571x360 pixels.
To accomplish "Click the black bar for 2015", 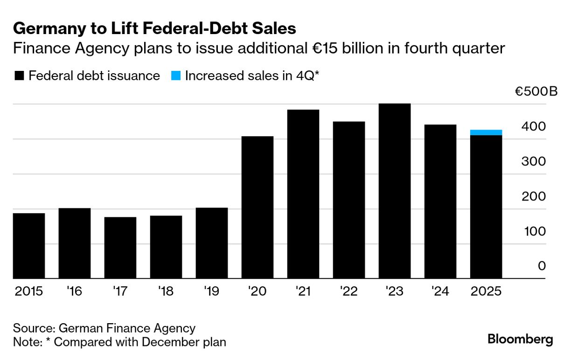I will pyautogui.click(x=29, y=246).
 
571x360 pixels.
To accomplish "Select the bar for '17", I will pyautogui.click(x=120, y=248).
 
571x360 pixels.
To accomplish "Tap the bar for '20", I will pyautogui.click(x=258, y=208).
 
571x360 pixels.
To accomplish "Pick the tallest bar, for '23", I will pyautogui.click(x=395, y=191).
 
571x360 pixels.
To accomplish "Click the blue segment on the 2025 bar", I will pyautogui.click(x=486, y=132).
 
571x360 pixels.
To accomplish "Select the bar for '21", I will pyautogui.click(x=303, y=194).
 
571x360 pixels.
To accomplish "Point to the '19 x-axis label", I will pyautogui.click(x=212, y=291).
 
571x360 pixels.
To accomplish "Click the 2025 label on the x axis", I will pyautogui.click(x=486, y=291).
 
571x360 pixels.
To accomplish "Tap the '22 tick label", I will pyautogui.click(x=349, y=291).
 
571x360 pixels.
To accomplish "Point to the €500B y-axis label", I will pyautogui.click(x=536, y=91).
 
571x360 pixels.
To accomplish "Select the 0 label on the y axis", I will pyautogui.click(x=541, y=266).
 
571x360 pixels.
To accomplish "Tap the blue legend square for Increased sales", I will pyautogui.click(x=175, y=76).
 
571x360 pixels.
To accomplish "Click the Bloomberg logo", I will pyautogui.click(x=520, y=339).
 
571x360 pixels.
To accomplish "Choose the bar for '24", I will pyautogui.click(x=440, y=201).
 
